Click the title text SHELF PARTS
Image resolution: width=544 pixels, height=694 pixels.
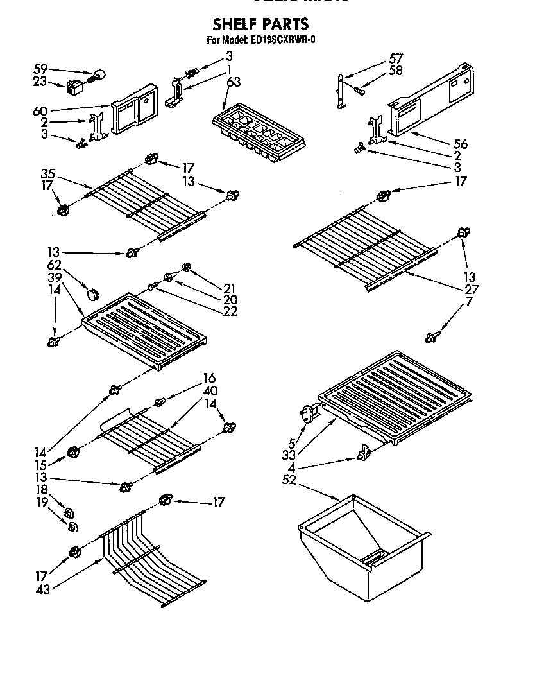coord(260,24)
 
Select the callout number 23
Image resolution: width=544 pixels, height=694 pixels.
coord(40,82)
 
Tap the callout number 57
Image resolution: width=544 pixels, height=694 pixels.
coord(396,59)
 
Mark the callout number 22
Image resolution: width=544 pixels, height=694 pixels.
coord(230,311)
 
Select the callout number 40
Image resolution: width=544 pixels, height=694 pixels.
coord(210,390)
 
